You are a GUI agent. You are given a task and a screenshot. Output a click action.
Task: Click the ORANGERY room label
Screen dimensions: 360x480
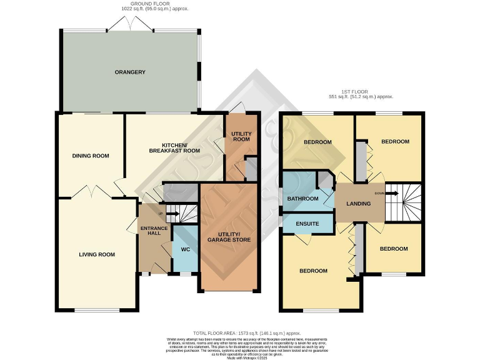pyautogui.click(x=130, y=72)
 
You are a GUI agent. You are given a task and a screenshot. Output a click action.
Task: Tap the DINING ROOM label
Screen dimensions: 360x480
pyautogui.click(x=91, y=156)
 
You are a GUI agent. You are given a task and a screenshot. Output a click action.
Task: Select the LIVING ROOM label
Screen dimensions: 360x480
pyautogui.click(x=97, y=254)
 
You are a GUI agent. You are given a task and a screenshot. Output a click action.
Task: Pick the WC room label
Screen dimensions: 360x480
pyautogui.click(x=185, y=249)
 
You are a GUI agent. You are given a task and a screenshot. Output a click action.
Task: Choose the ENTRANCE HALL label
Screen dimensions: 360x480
pyautogui.click(x=151, y=229)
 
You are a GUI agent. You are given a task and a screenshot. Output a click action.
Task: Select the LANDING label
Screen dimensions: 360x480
pyautogui.click(x=359, y=202)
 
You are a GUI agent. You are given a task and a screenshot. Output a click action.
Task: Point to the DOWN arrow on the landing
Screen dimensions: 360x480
pyautogui.click(x=389, y=194)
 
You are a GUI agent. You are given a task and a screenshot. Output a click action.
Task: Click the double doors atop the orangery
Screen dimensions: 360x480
pyautogui.click(x=130, y=24)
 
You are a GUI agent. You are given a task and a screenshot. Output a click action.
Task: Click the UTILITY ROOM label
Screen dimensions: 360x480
pyautogui.click(x=241, y=136)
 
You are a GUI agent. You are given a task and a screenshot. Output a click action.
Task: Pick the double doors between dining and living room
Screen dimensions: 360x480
pyautogui.click(x=91, y=191)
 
